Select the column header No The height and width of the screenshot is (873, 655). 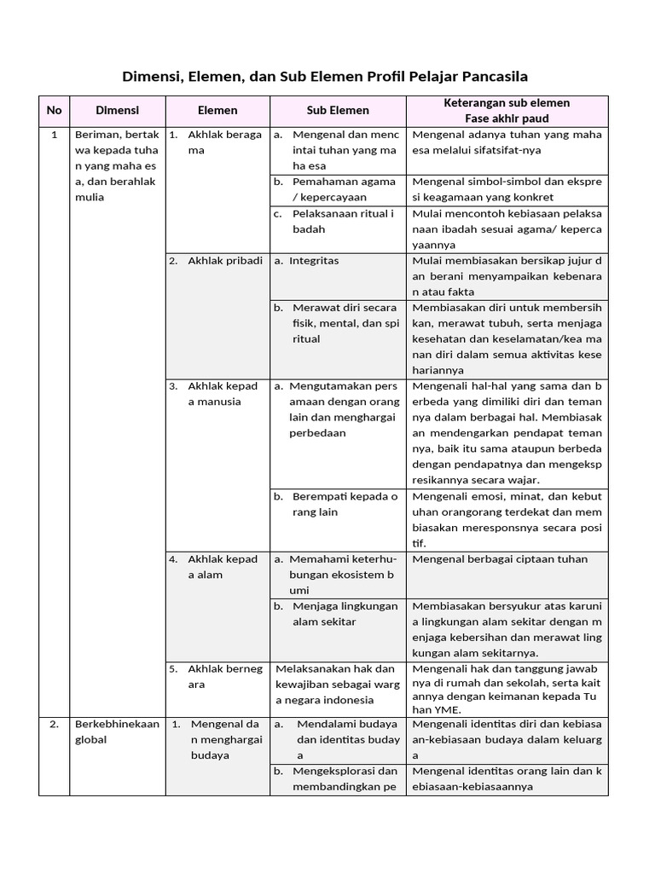[x=54, y=110]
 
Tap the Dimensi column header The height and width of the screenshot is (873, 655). [x=117, y=110]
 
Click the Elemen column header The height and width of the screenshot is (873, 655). [x=217, y=110]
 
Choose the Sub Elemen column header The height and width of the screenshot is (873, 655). [x=338, y=110]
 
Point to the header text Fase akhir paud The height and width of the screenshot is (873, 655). [x=507, y=119]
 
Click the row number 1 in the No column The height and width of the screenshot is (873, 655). [x=54, y=135]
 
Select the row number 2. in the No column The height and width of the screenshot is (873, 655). [x=54, y=724]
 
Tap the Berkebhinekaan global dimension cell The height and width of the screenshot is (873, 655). [x=117, y=731]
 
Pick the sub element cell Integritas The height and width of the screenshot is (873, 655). [x=313, y=261]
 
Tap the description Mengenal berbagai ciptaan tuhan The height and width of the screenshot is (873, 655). [x=500, y=559]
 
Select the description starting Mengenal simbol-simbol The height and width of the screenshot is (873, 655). [x=507, y=189]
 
